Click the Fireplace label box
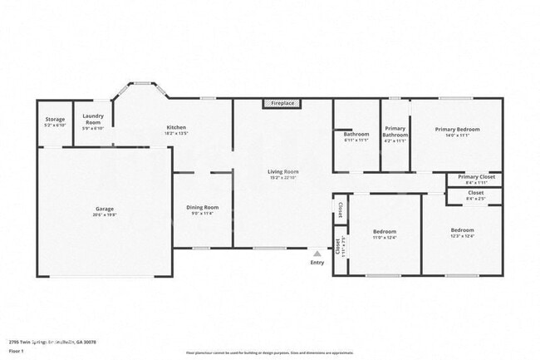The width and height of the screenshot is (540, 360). (x=282, y=103)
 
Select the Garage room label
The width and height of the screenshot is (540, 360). (x=105, y=209)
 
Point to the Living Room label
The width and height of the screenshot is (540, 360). (x=283, y=172)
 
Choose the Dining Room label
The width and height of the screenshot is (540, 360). (x=202, y=207)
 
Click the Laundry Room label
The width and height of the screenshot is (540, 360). (x=93, y=118)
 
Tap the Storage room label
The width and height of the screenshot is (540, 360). (x=55, y=120)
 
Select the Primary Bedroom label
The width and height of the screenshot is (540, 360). (x=457, y=130)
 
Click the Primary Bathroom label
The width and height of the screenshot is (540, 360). (x=395, y=131)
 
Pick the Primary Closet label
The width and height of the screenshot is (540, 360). (x=476, y=177)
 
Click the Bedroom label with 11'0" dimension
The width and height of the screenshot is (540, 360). (x=384, y=231)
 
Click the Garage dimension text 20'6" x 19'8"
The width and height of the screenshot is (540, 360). (x=105, y=215)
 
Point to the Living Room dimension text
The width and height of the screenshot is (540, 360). (x=283, y=178)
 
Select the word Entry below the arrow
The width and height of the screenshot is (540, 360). (x=317, y=263)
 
